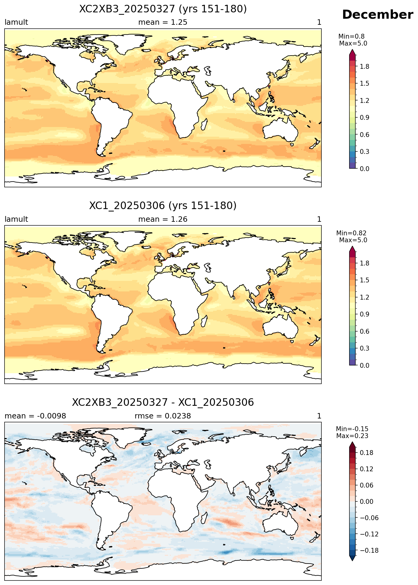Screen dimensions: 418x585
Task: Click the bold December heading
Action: click(x=377, y=15)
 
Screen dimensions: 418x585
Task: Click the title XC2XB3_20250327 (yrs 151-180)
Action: click(x=163, y=9)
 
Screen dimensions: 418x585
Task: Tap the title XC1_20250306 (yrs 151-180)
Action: click(x=163, y=206)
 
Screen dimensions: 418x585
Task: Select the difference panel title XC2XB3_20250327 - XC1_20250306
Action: click(x=163, y=402)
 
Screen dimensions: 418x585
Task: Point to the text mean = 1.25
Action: click(x=163, y=22)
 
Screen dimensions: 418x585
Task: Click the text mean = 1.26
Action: click(x=163, y=219)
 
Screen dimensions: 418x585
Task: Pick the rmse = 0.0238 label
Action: click(x=163, y=416)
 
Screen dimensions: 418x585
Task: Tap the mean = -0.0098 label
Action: click(x=35, y=416)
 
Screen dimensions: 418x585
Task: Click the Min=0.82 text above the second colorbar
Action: click(x=351, y=233)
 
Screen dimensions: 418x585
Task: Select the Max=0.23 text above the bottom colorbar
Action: click(x=352, y=436)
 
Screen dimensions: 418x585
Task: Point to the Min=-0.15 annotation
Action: click(x=352, y=429)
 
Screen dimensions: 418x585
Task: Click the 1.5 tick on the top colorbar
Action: click(x=365, y=83)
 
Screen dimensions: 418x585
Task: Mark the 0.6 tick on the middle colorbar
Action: click(x=365, y=331)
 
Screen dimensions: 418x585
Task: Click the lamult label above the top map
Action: click(x=16, y=22)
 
